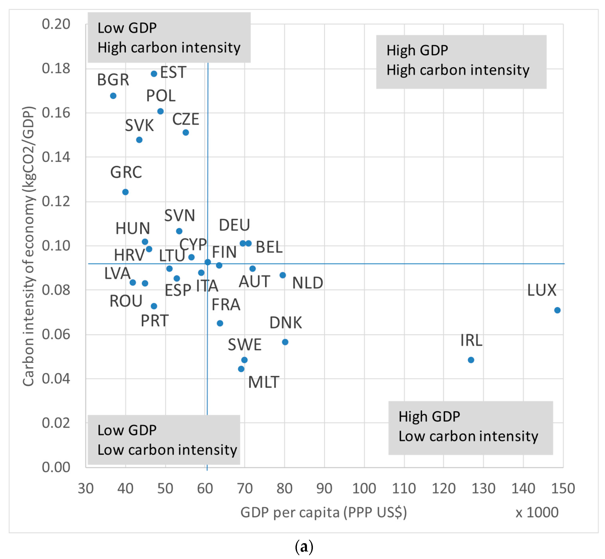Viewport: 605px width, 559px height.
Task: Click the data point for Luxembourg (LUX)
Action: coord(557,310)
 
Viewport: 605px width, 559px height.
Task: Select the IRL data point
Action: coord(471,360)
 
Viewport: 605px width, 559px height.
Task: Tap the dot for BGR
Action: coord(113,96)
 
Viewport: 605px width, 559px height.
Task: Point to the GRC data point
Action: coord(125,192)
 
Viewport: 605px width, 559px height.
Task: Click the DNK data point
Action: coord(285,342)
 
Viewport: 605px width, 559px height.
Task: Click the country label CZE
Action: coord(186,119)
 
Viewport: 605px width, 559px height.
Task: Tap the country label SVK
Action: coord(139,125)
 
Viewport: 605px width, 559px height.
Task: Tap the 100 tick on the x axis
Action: coord(364,489)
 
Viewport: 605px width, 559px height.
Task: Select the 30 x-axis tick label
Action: coord(86,489)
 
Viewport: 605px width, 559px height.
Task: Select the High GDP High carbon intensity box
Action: coord(461,62)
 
